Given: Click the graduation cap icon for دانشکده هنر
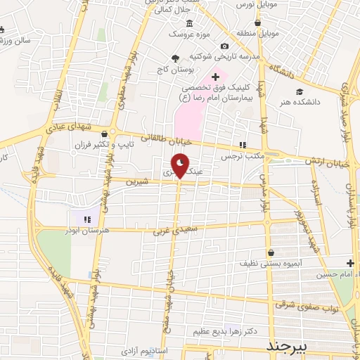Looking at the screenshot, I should [x=300, y=91].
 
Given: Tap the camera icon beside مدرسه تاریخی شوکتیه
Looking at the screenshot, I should [x=224, y=46].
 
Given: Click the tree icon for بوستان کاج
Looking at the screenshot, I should [x=175, y=58].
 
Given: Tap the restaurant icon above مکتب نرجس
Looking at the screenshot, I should [x=243, y=145].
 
